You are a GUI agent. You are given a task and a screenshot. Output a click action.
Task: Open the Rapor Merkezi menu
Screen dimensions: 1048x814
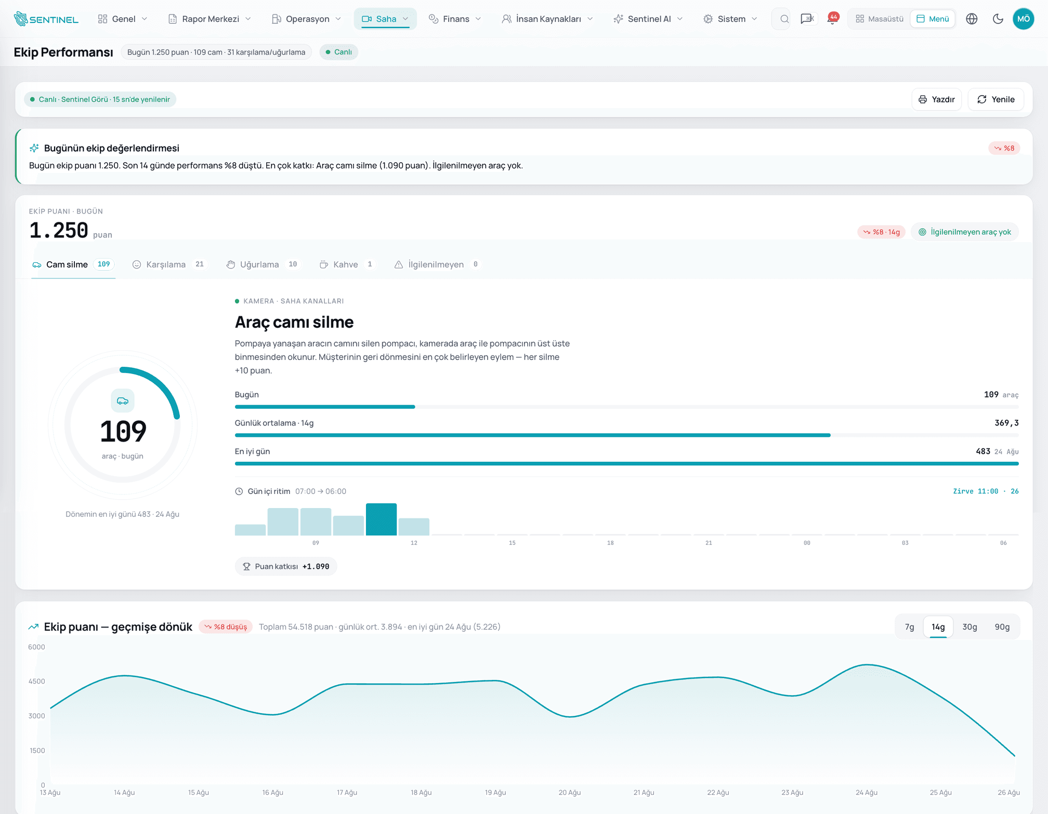(209, 19)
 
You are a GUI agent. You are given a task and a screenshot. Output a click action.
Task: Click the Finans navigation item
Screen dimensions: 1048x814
(455, 19)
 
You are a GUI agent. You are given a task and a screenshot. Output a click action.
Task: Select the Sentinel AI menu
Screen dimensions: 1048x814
(648, 19)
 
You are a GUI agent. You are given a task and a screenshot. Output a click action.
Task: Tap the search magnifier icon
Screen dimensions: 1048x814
(784, 19)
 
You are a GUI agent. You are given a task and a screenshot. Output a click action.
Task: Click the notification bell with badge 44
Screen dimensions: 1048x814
(833, 19)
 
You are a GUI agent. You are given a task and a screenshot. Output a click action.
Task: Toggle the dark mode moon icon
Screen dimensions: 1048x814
(998, 19)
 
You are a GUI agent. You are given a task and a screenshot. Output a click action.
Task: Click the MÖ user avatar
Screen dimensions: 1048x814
(1023, 19)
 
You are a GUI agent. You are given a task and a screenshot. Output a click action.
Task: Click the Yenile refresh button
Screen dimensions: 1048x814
(995, 99)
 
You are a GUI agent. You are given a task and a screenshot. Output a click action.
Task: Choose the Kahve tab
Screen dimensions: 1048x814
(347, 264)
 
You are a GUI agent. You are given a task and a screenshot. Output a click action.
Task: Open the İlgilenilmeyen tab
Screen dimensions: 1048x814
(437, 264)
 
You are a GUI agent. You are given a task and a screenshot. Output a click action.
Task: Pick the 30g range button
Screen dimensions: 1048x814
(970, 627)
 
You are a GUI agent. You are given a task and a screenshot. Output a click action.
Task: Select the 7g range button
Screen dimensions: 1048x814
(909, 627)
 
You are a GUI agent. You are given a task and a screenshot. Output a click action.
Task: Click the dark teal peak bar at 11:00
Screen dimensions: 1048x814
(381, 519)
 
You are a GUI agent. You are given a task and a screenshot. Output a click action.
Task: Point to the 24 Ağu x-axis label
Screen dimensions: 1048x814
(867, 793)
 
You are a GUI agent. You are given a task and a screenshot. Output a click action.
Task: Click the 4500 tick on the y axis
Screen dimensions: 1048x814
(37, 681)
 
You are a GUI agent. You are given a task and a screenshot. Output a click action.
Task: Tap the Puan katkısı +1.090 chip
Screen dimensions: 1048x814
(286, 566)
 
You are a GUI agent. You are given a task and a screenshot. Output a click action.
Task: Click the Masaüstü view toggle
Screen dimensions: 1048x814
(879, 19)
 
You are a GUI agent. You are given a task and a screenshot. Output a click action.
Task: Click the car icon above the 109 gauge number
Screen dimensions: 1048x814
(123, 401)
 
